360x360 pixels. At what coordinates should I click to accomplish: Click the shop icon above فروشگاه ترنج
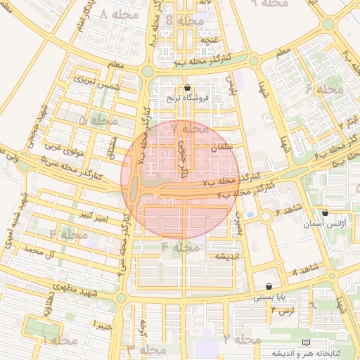(187, 89)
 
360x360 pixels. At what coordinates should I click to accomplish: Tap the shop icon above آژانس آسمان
(324, 212)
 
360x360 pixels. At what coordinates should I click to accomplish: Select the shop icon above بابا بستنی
(270, 286)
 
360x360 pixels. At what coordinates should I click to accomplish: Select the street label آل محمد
(39, 250)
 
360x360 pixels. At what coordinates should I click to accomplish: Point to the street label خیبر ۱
(103, 325)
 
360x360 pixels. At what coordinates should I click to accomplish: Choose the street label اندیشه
(229, 256)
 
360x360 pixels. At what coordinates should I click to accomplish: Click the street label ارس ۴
(283, 310)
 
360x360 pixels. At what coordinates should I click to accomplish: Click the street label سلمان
(224, 148)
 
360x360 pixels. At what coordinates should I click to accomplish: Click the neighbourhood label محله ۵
(98, 121)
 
